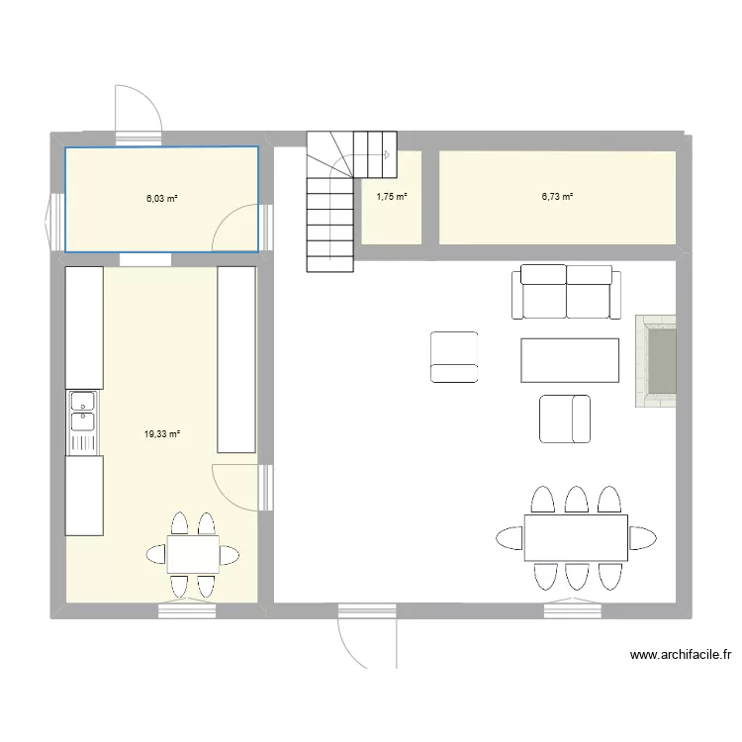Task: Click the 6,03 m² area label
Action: pyautogui.click(x=162, y=199)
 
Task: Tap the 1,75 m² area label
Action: pyautogui.click(x=392, y=197)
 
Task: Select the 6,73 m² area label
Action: pyautogui.click(x=557, y=197)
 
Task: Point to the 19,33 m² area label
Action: pyautogui.click(x=162, y=434)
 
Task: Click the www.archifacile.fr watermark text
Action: pyautogui.click(x=681, y=655)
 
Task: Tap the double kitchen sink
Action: pyautogui.click(x=83, y=422)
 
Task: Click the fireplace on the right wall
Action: pyautogui.click(x=656, y=361)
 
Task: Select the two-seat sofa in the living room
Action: pyautogui.click(x=567, y=292)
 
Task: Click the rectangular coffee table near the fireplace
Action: pyautogui.click(x=570, y=360)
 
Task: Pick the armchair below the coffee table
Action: pyautogui.click(x=565, y=418)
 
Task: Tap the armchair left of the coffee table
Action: pyautogui.click(x=454, y=357)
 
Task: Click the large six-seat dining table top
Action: pyautogui.click(x=576, y=537)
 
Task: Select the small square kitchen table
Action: pyautogui.click(x=193, y=554)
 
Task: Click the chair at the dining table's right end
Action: pyautogui.click(x=643, y=538)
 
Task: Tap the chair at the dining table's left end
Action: pyautogui.click(x=510, y=538)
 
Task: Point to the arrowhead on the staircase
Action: pyautogui.click(x=387, y=154)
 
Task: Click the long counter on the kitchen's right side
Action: pyautogui.click(x=236, y=360)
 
